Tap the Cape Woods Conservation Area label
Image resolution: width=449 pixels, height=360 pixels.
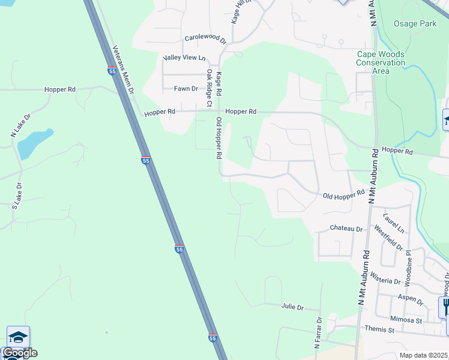click(x=381, y=62)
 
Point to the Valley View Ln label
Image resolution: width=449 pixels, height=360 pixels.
click(x=184, y=58)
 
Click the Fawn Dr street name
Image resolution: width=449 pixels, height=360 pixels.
click(x=185, y=89)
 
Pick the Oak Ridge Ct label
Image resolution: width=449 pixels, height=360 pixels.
click(x=209, y=88)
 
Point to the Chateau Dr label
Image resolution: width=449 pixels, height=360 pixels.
click(x=347, y=229)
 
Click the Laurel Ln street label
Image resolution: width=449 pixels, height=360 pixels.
click(x=394, y=222)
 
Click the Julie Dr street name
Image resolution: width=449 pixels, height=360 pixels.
click(x=292, y=307)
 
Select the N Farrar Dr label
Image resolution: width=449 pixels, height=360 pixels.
click(x=318, y=334)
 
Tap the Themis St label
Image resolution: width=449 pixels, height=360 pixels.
click(x=379, y=329)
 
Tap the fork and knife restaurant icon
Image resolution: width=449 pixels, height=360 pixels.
click(x=445, y=307)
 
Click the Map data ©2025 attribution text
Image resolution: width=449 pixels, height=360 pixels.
click(x=423, y=355)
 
